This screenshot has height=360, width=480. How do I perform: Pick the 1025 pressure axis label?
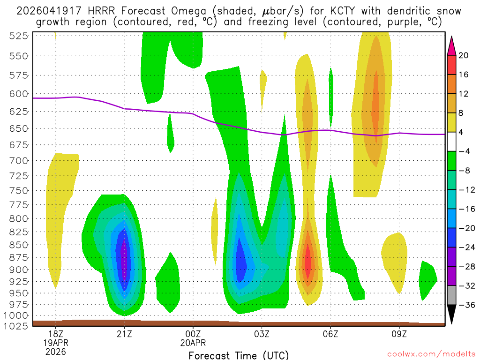click(x=17, y=326)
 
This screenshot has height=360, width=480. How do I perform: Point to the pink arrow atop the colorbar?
click(x=451, y=45)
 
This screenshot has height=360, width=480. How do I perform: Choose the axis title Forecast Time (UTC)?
click(x=239, y=355)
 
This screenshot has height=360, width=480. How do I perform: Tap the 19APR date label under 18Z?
click(x=56, y=343)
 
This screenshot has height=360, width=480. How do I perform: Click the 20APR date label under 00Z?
click(x=193, y=343)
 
